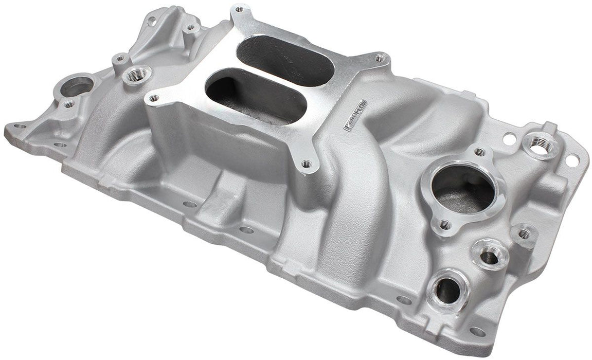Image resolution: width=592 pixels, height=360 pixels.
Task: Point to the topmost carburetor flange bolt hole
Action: pyautogui.click(x=239, y=9)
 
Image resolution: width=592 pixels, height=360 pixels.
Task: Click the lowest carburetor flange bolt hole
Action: pyautogui.click(x=307, y=164)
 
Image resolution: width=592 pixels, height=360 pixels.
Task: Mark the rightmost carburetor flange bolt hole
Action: pyautogui.click(x=379, y=58)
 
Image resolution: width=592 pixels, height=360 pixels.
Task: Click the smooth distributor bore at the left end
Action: pyautogui.click(x=77, y=86)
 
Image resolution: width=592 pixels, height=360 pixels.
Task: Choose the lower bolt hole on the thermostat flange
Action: pyautogui.click(x=445, y=225)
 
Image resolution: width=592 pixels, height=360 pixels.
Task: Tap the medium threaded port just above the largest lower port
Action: pyautogui.click(x=490, y=255)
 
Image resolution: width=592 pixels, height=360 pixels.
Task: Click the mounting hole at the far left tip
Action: pyautogui.click(x=20, y=125)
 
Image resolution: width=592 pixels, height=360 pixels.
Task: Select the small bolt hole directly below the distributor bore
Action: pyautogui.click(x=68, y=104)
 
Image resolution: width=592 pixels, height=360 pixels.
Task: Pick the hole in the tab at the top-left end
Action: pyautogui.click(x=152, y=22)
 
